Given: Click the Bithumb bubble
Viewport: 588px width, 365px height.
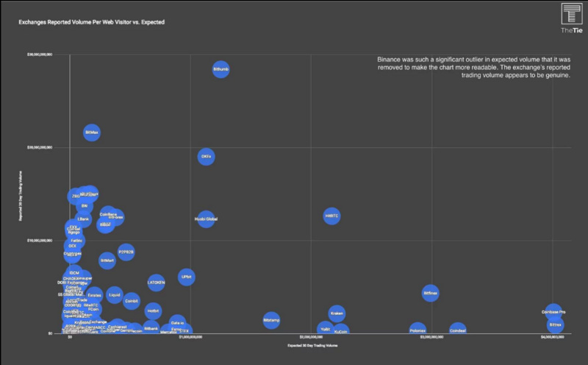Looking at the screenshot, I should coord(220,70).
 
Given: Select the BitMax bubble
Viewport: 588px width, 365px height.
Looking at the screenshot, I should coord(91,132).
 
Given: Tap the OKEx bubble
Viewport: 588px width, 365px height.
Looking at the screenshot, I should coord(206,157).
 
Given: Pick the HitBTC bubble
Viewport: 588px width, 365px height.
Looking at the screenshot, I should coord(331,216).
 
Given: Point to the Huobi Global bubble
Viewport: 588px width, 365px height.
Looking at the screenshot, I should coord(206,219).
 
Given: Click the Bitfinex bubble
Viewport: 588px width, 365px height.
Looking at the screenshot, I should coord(431,293).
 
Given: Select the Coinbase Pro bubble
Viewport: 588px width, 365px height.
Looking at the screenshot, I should coord(553,312).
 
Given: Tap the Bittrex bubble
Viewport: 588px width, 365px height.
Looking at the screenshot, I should coord(555,325).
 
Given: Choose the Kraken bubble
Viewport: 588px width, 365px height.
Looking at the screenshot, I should coord(337,313).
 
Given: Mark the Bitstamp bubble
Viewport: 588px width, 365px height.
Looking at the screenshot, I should coord(271,320).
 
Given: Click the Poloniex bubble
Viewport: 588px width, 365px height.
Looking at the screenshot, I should coord(417,331).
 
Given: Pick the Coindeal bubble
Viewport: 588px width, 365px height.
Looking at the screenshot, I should coord(458,331).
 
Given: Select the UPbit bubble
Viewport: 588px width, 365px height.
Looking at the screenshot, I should coord(186,277).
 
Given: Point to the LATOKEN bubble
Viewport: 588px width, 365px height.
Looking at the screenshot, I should coord(156,282).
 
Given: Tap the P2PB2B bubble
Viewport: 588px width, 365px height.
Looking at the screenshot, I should coord(126,252).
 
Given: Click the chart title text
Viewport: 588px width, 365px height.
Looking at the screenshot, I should coord(91,22).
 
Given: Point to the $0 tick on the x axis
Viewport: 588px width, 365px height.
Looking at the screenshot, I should coord(70,337).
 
